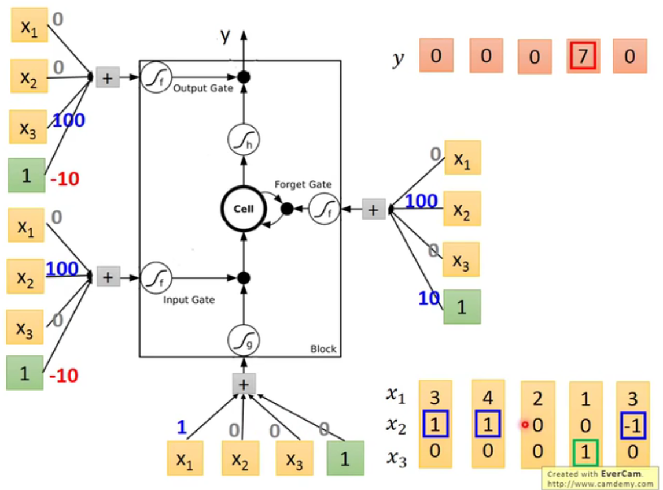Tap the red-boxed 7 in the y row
(583, 56)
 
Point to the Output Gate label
(202, 88)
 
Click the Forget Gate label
(303, 185)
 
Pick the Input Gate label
(189, 299)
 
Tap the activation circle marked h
(244, 140)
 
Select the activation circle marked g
(244, 339)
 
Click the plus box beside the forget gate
(373, 209)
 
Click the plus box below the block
(244, 384)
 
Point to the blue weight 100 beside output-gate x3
(69, 121)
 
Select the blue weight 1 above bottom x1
(181, 428)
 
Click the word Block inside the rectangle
(323, 349)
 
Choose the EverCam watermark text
(600, 474)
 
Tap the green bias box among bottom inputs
(345, 458)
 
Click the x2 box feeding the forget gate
(462, 208)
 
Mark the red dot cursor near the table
(525, 425)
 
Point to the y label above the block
(225, 36)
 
